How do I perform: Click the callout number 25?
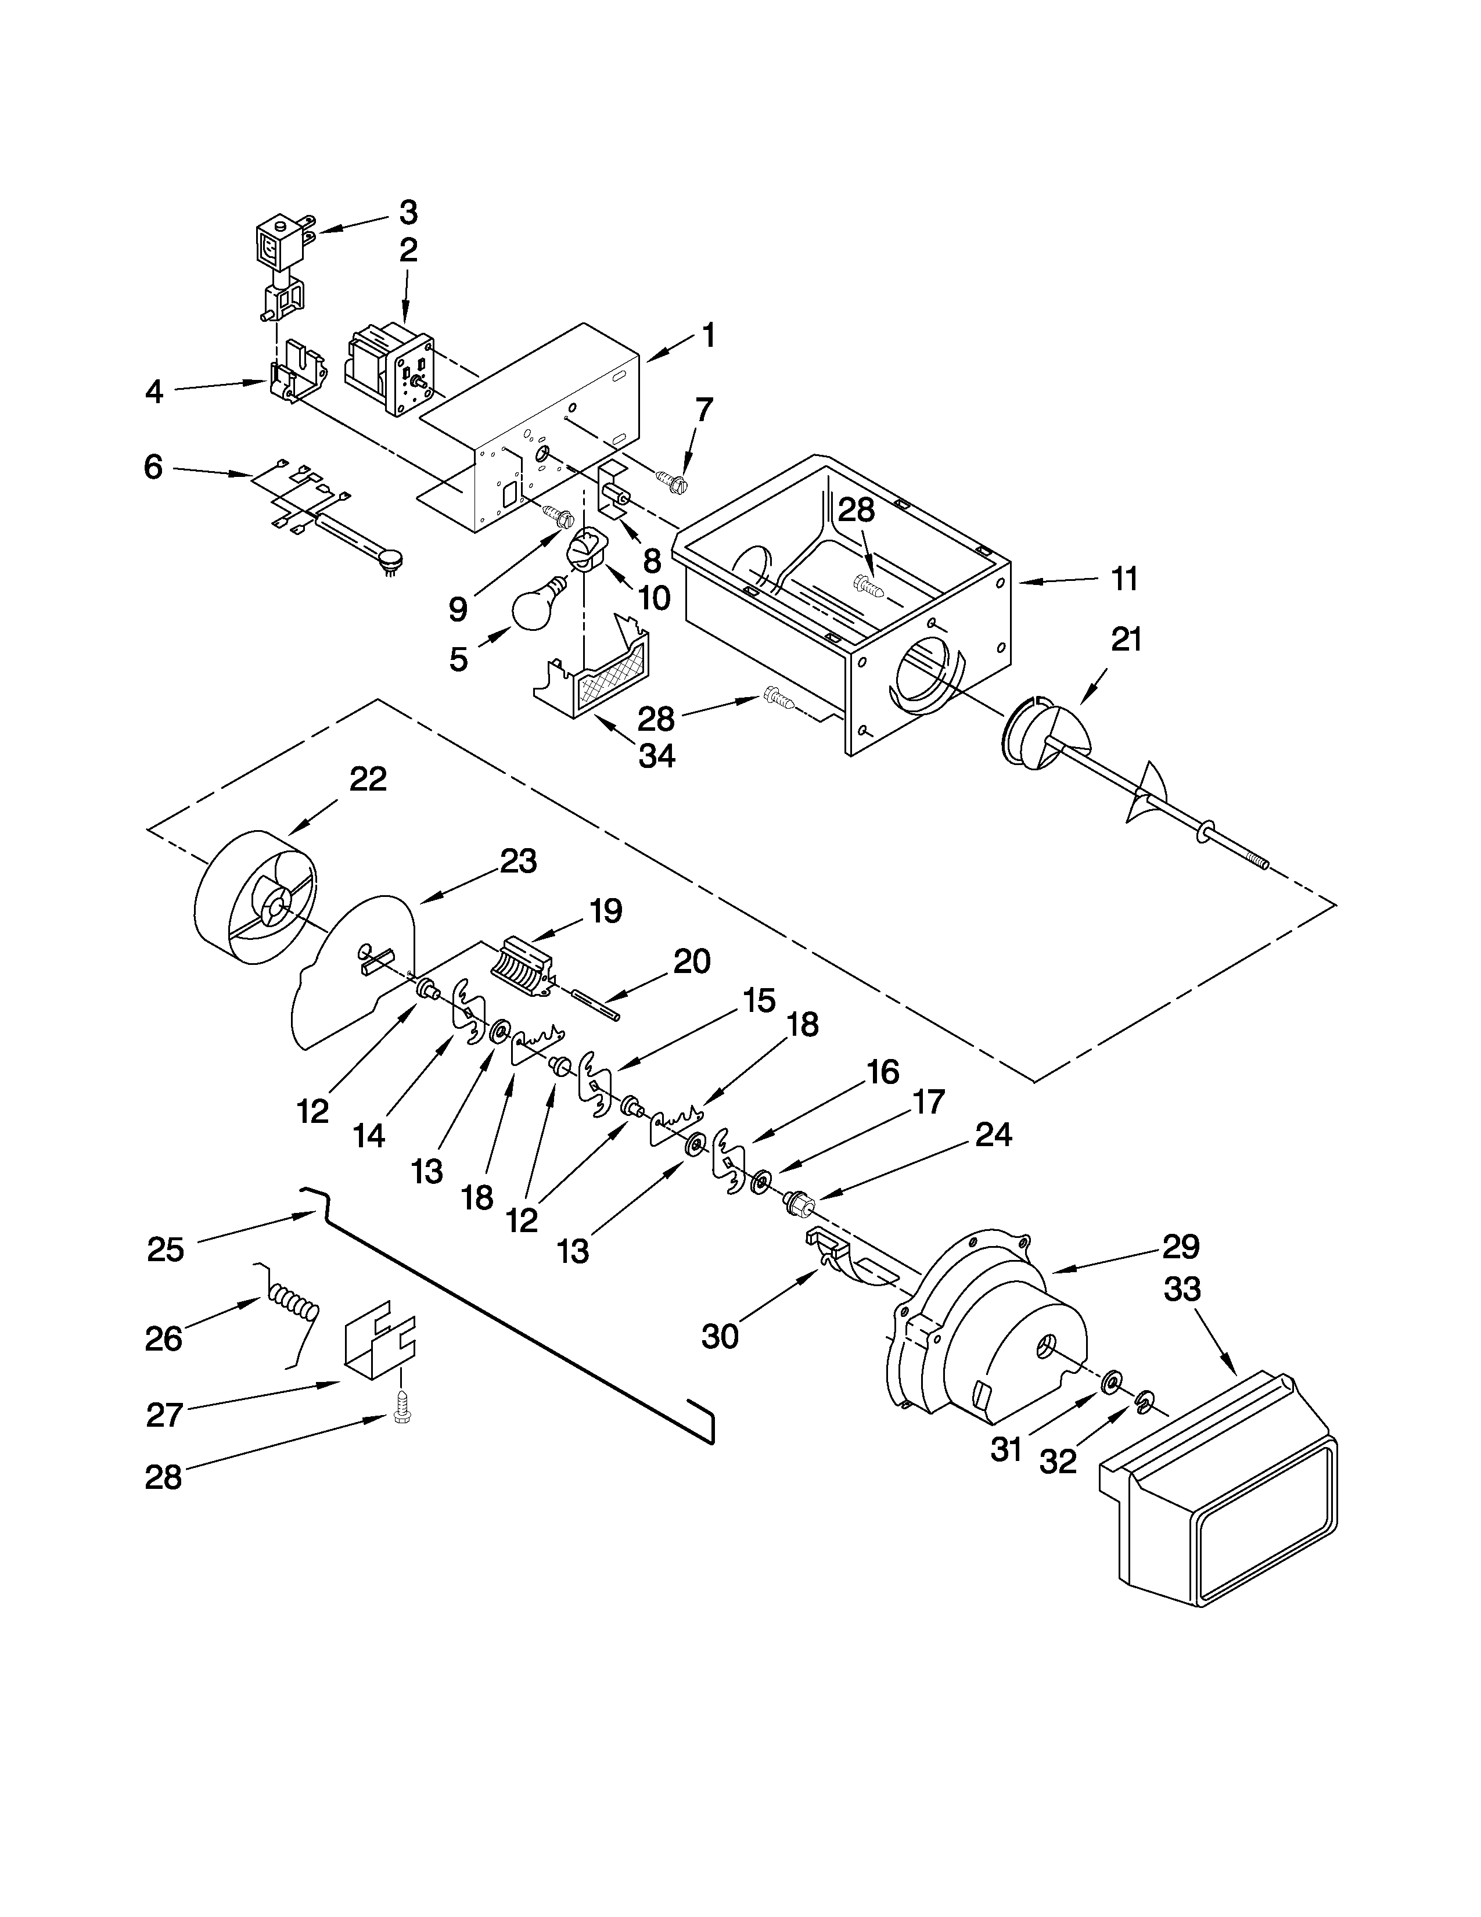[x=166, y=1249]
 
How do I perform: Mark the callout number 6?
[x=153, y=467]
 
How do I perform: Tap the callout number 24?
[x=993, y=1135]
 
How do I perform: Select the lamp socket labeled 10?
[x=584, y=550]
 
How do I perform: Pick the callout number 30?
[x=720, y=1336]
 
